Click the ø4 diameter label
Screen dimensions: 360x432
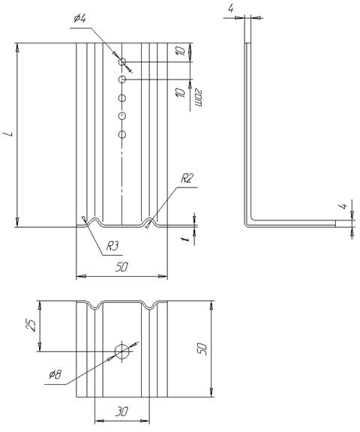click(x=80, y=19)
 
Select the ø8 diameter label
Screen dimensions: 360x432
click(x=55, y=374)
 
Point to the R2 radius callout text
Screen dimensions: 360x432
click(x=187, y=178)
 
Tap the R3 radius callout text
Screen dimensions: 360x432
click(x=112, y=246)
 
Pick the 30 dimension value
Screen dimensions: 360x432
click(x=121, y=412)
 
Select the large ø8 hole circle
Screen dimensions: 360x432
click(x=121, y=352)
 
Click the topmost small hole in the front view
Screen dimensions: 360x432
click(x=122, y=61)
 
